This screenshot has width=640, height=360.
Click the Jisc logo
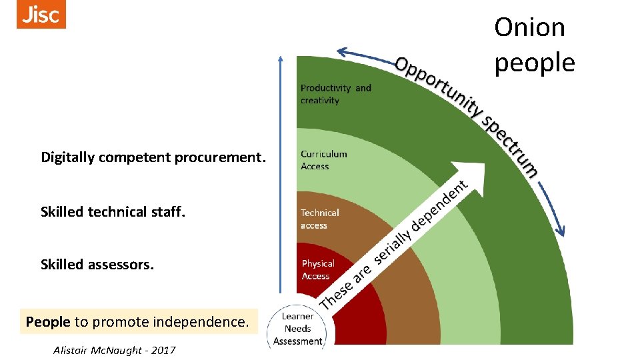[41, 15]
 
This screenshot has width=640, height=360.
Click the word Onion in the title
[529, 27]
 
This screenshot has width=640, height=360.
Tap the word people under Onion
[534, 63]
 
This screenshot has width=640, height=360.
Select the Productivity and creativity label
[335, 94]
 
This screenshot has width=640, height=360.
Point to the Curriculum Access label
[323, 160]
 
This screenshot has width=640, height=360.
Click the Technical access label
[319, 219]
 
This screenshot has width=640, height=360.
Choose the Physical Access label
[317, 270]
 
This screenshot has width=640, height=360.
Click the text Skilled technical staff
[113, 212]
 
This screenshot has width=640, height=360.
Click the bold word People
[48, 322]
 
